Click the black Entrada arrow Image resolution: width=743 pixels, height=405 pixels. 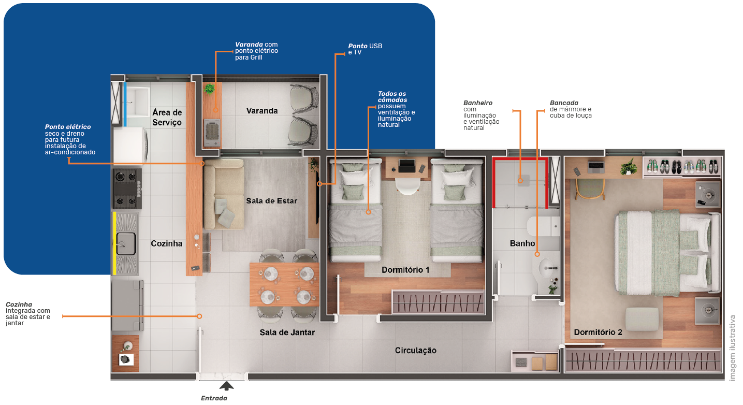(226, 386)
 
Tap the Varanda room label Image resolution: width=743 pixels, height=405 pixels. (261, 111)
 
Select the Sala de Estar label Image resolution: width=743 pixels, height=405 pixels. (272, 200)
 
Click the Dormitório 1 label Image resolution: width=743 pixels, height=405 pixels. (405, 270)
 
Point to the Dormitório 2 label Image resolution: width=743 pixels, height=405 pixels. (598, 332)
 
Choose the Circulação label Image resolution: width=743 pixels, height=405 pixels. (415, 351)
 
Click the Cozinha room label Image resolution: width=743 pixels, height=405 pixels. (166, 243)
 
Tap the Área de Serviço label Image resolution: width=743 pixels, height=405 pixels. (167, 117)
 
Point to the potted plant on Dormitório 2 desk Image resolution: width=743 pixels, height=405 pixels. (629, 167)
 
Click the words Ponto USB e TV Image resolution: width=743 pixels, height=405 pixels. (366, 49)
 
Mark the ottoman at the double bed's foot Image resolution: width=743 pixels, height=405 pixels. (642, 319)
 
